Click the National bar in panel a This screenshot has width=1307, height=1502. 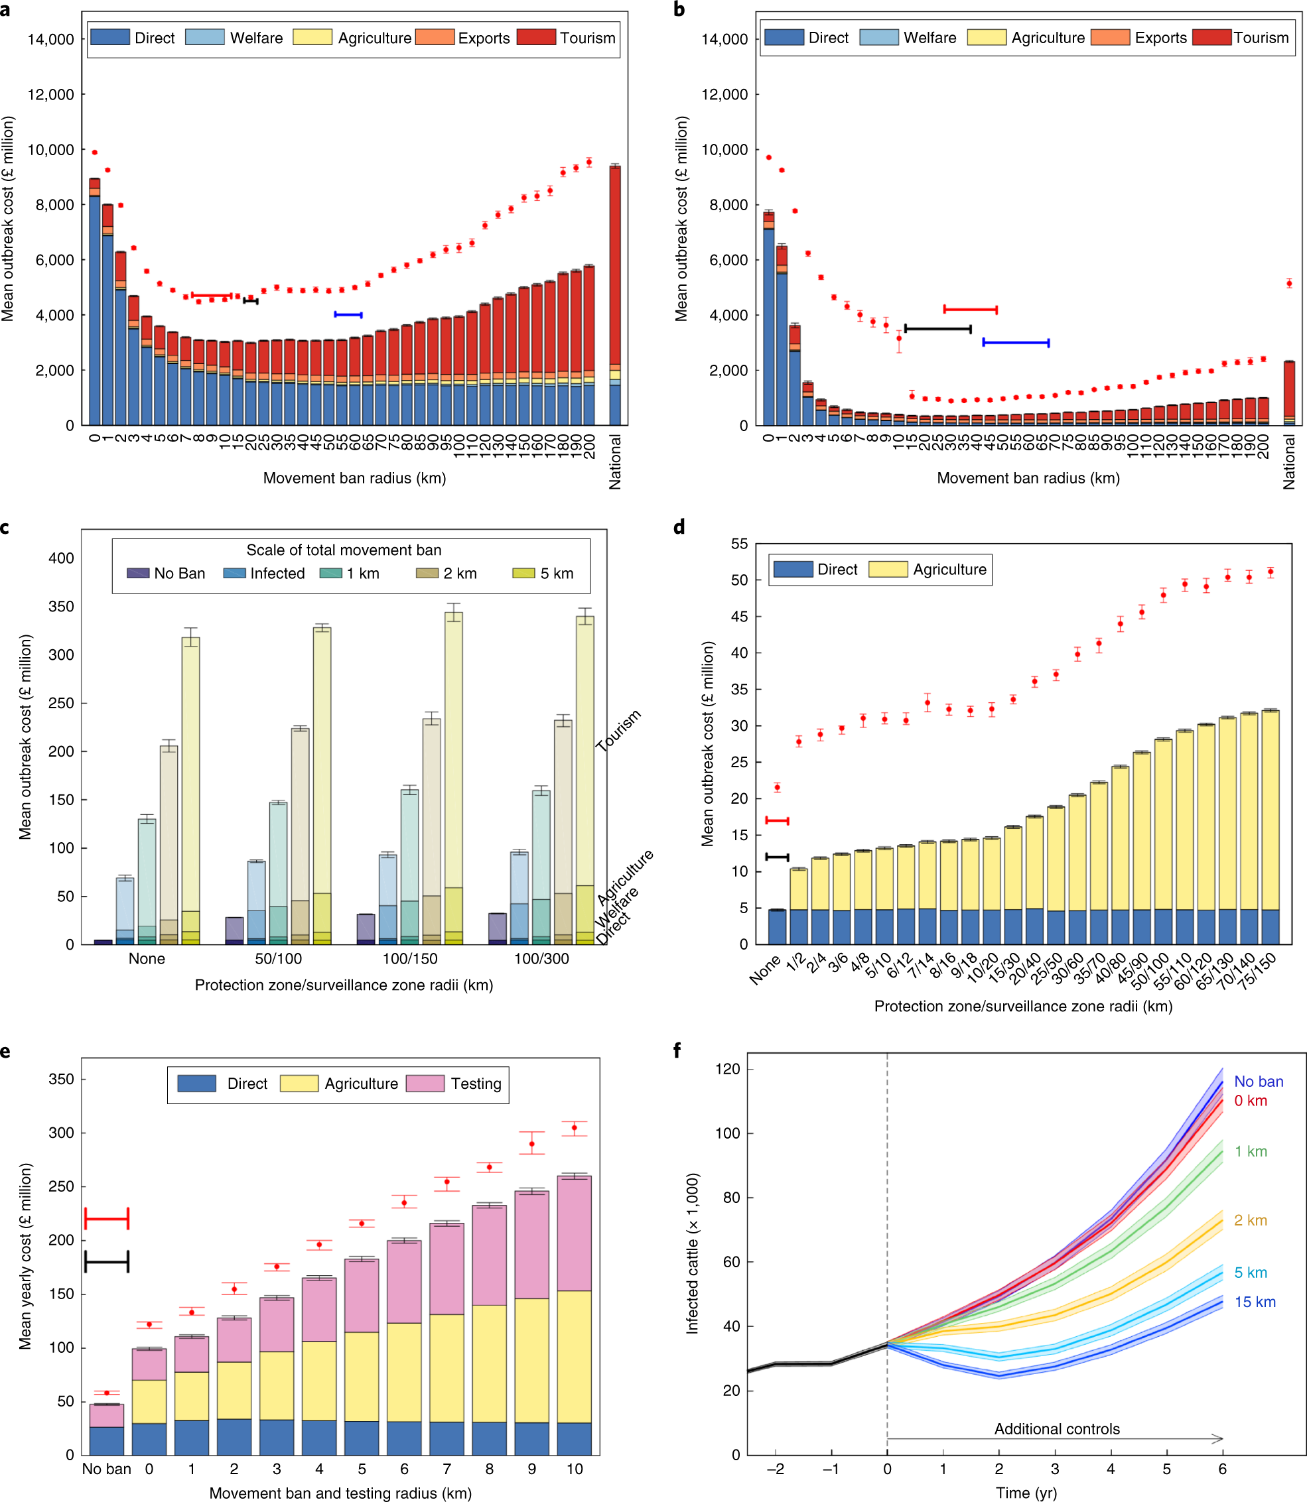pyautogui.click(x=615, y=295)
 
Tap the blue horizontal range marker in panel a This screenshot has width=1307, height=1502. pyautogui.click(x=348, y=314)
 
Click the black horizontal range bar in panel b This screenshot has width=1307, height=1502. pyautogui.click(x=938, y=329)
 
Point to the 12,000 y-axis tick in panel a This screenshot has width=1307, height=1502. pyautogui.click(x=50, y=95)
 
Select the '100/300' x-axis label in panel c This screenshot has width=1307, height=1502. pyautogui.click(x=541, y=958)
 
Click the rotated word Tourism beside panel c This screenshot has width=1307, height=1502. pyautogui.click(x=618, y=729)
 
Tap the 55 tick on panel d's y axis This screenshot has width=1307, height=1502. pyautogui.click(x=739, y=544)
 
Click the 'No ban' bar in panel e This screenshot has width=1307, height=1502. pyautogui.click(x=107, y=1429)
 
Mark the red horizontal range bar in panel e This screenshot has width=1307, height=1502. pyautogui.click(x=107, y=1218)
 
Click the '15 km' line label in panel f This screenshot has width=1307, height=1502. pyautogui.click(x=1255, y=1302)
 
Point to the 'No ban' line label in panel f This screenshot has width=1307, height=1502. pyautogui.click(x=1258, y=1082)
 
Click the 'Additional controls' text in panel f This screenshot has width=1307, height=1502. pyautogui.click(x=1057, y=1429)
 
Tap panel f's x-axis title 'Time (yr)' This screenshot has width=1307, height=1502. pyautogui.click(x=1026, y=1493)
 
